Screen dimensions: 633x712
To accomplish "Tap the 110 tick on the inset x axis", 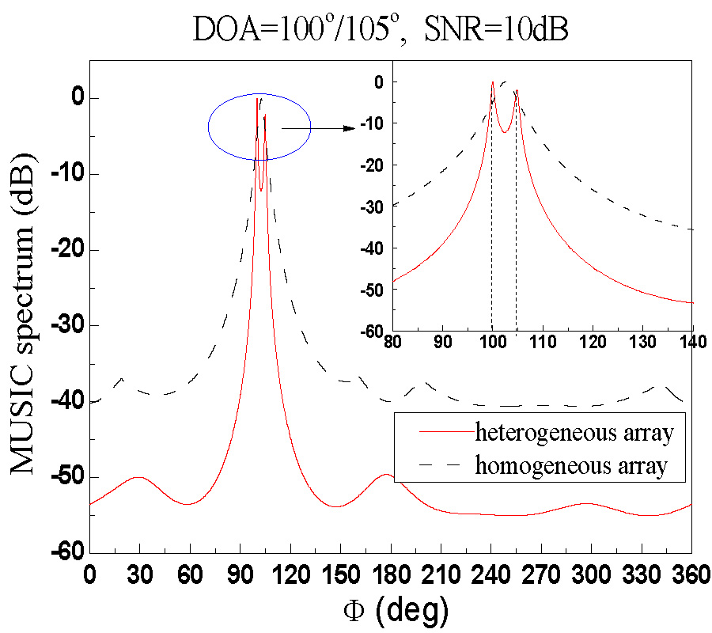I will click(x=543, y=345).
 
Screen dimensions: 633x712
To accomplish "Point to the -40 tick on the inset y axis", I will click(x=372, y=248).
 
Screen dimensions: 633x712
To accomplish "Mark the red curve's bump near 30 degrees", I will click(x=139, y=477).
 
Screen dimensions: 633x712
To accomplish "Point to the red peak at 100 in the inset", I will click(x=492, y=82).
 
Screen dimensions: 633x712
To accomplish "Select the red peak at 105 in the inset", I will click(x=516, y=91).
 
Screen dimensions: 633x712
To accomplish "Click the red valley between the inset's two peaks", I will click(x=504, y=131).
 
